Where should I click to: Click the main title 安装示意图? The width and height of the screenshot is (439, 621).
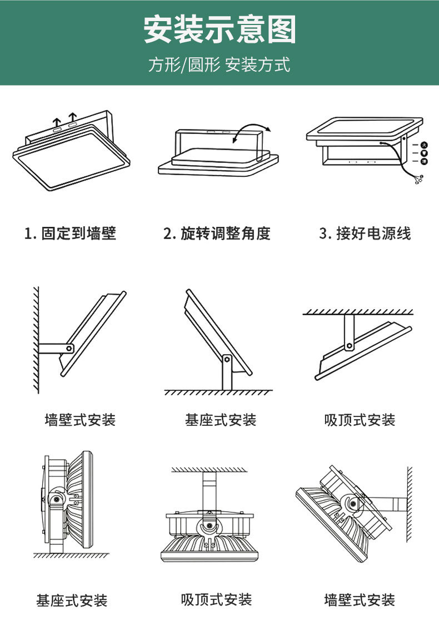(219, 30)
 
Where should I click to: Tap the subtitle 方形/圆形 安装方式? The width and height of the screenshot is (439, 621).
(219, 65)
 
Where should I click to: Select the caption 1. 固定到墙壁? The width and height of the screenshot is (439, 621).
(71, 233)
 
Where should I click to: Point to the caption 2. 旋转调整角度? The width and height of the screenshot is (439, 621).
(217, 233)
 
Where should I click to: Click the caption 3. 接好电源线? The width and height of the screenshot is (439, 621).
(365, 233)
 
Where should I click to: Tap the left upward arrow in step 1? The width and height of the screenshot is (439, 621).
(56, 121)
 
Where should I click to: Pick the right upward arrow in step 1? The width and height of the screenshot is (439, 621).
(72, 118)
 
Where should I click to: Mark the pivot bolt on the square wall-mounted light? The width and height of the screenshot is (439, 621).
(69, 347)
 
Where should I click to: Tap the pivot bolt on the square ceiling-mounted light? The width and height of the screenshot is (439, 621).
(349, 346)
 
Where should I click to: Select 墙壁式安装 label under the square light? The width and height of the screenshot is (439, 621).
(80, 420)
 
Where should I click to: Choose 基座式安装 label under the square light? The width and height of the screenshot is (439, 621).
(221, 420)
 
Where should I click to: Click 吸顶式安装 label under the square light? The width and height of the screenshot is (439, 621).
(360, 420)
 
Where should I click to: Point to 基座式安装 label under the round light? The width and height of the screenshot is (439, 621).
(72, 600)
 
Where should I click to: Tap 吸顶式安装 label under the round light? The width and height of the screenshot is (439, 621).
(216, 599)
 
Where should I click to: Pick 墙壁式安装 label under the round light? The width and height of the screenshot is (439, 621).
(360, 599)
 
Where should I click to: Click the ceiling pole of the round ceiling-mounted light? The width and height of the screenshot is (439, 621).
(209, 489)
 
